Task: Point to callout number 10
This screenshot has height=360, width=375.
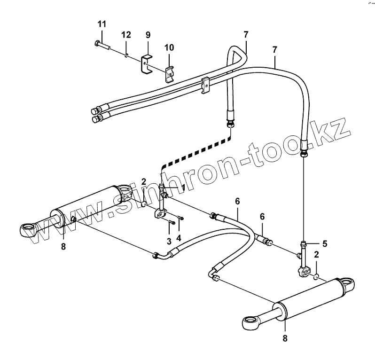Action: click(x=169, y=48)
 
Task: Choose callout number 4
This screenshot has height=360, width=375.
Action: click(x=179, y=238)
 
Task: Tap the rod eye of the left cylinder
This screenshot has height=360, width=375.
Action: click(x=29, y=229)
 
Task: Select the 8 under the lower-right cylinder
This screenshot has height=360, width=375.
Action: click(x=285, y=337)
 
